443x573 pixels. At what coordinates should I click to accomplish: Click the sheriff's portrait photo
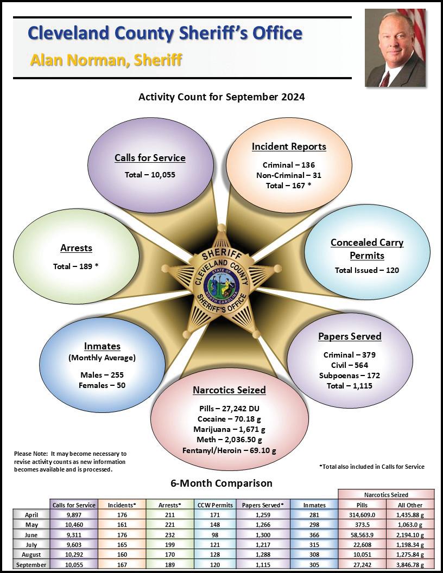coord(395,48)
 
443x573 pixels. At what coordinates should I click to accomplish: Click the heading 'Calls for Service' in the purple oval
coord(150,158)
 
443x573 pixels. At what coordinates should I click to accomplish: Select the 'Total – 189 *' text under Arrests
coord(76,266)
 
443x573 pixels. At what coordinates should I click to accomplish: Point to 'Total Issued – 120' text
coord(367,270)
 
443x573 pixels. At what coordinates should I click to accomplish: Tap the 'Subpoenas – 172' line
coord(350,375)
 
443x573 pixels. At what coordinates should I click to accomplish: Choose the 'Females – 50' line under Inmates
coord(102,385)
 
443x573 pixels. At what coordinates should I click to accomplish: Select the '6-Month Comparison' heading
coord(221,483)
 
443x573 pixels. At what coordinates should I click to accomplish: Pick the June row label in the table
coord(31,534)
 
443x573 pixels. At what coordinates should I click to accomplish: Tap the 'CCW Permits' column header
coord(216,505)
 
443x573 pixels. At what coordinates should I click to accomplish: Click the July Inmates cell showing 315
coord(314,545)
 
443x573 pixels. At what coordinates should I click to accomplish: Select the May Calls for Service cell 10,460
coord(74,525)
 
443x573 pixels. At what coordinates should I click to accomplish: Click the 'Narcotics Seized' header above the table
coord(386,495)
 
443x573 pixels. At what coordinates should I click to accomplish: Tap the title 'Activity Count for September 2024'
coord(221,97)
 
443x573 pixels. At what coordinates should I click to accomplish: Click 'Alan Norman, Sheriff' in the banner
coord(106,60)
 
